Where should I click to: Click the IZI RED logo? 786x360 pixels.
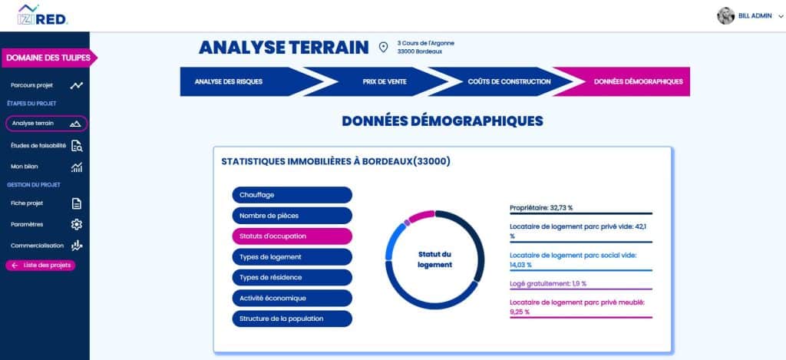pyautogui.click(x=43, y=16)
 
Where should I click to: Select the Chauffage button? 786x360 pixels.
pyautogui.click(x=292, y=196)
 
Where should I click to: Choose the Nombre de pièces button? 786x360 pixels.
pyautogui.click(x=292, y=216)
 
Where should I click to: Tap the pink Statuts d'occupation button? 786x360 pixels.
pyautogui.click(x=292, y=236)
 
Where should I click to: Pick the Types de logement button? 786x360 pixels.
pyautogui.click(x=292, y=256)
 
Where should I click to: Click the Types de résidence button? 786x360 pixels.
pyautogui.click(x=292, y=277)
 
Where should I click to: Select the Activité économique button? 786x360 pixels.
pyautogui.click(x=292, y=298)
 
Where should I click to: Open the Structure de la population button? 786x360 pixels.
pyautogui.click(x=292, y=318)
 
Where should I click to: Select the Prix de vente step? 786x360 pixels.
pyautogui.click(x=374, y=81)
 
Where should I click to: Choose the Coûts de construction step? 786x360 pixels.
pyautogui.click(x=498, y=81)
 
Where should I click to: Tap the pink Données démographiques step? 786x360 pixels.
pyautogui.click(x=628, y=81)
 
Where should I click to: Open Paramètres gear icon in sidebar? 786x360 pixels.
pyautogui.click(x=76, y=225)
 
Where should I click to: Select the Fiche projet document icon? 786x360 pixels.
pyautogui.click(x=76, y=203)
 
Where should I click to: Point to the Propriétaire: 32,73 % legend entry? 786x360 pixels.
pyautogui.click(x=541, y=208)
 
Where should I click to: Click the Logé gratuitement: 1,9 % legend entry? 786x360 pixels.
pyautogui.click(x=548, y=283)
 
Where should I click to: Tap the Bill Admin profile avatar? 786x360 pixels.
pyautogui.click(x=725, y=16)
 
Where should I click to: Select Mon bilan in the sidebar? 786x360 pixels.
pyautogui.click(x=25, y=167)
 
